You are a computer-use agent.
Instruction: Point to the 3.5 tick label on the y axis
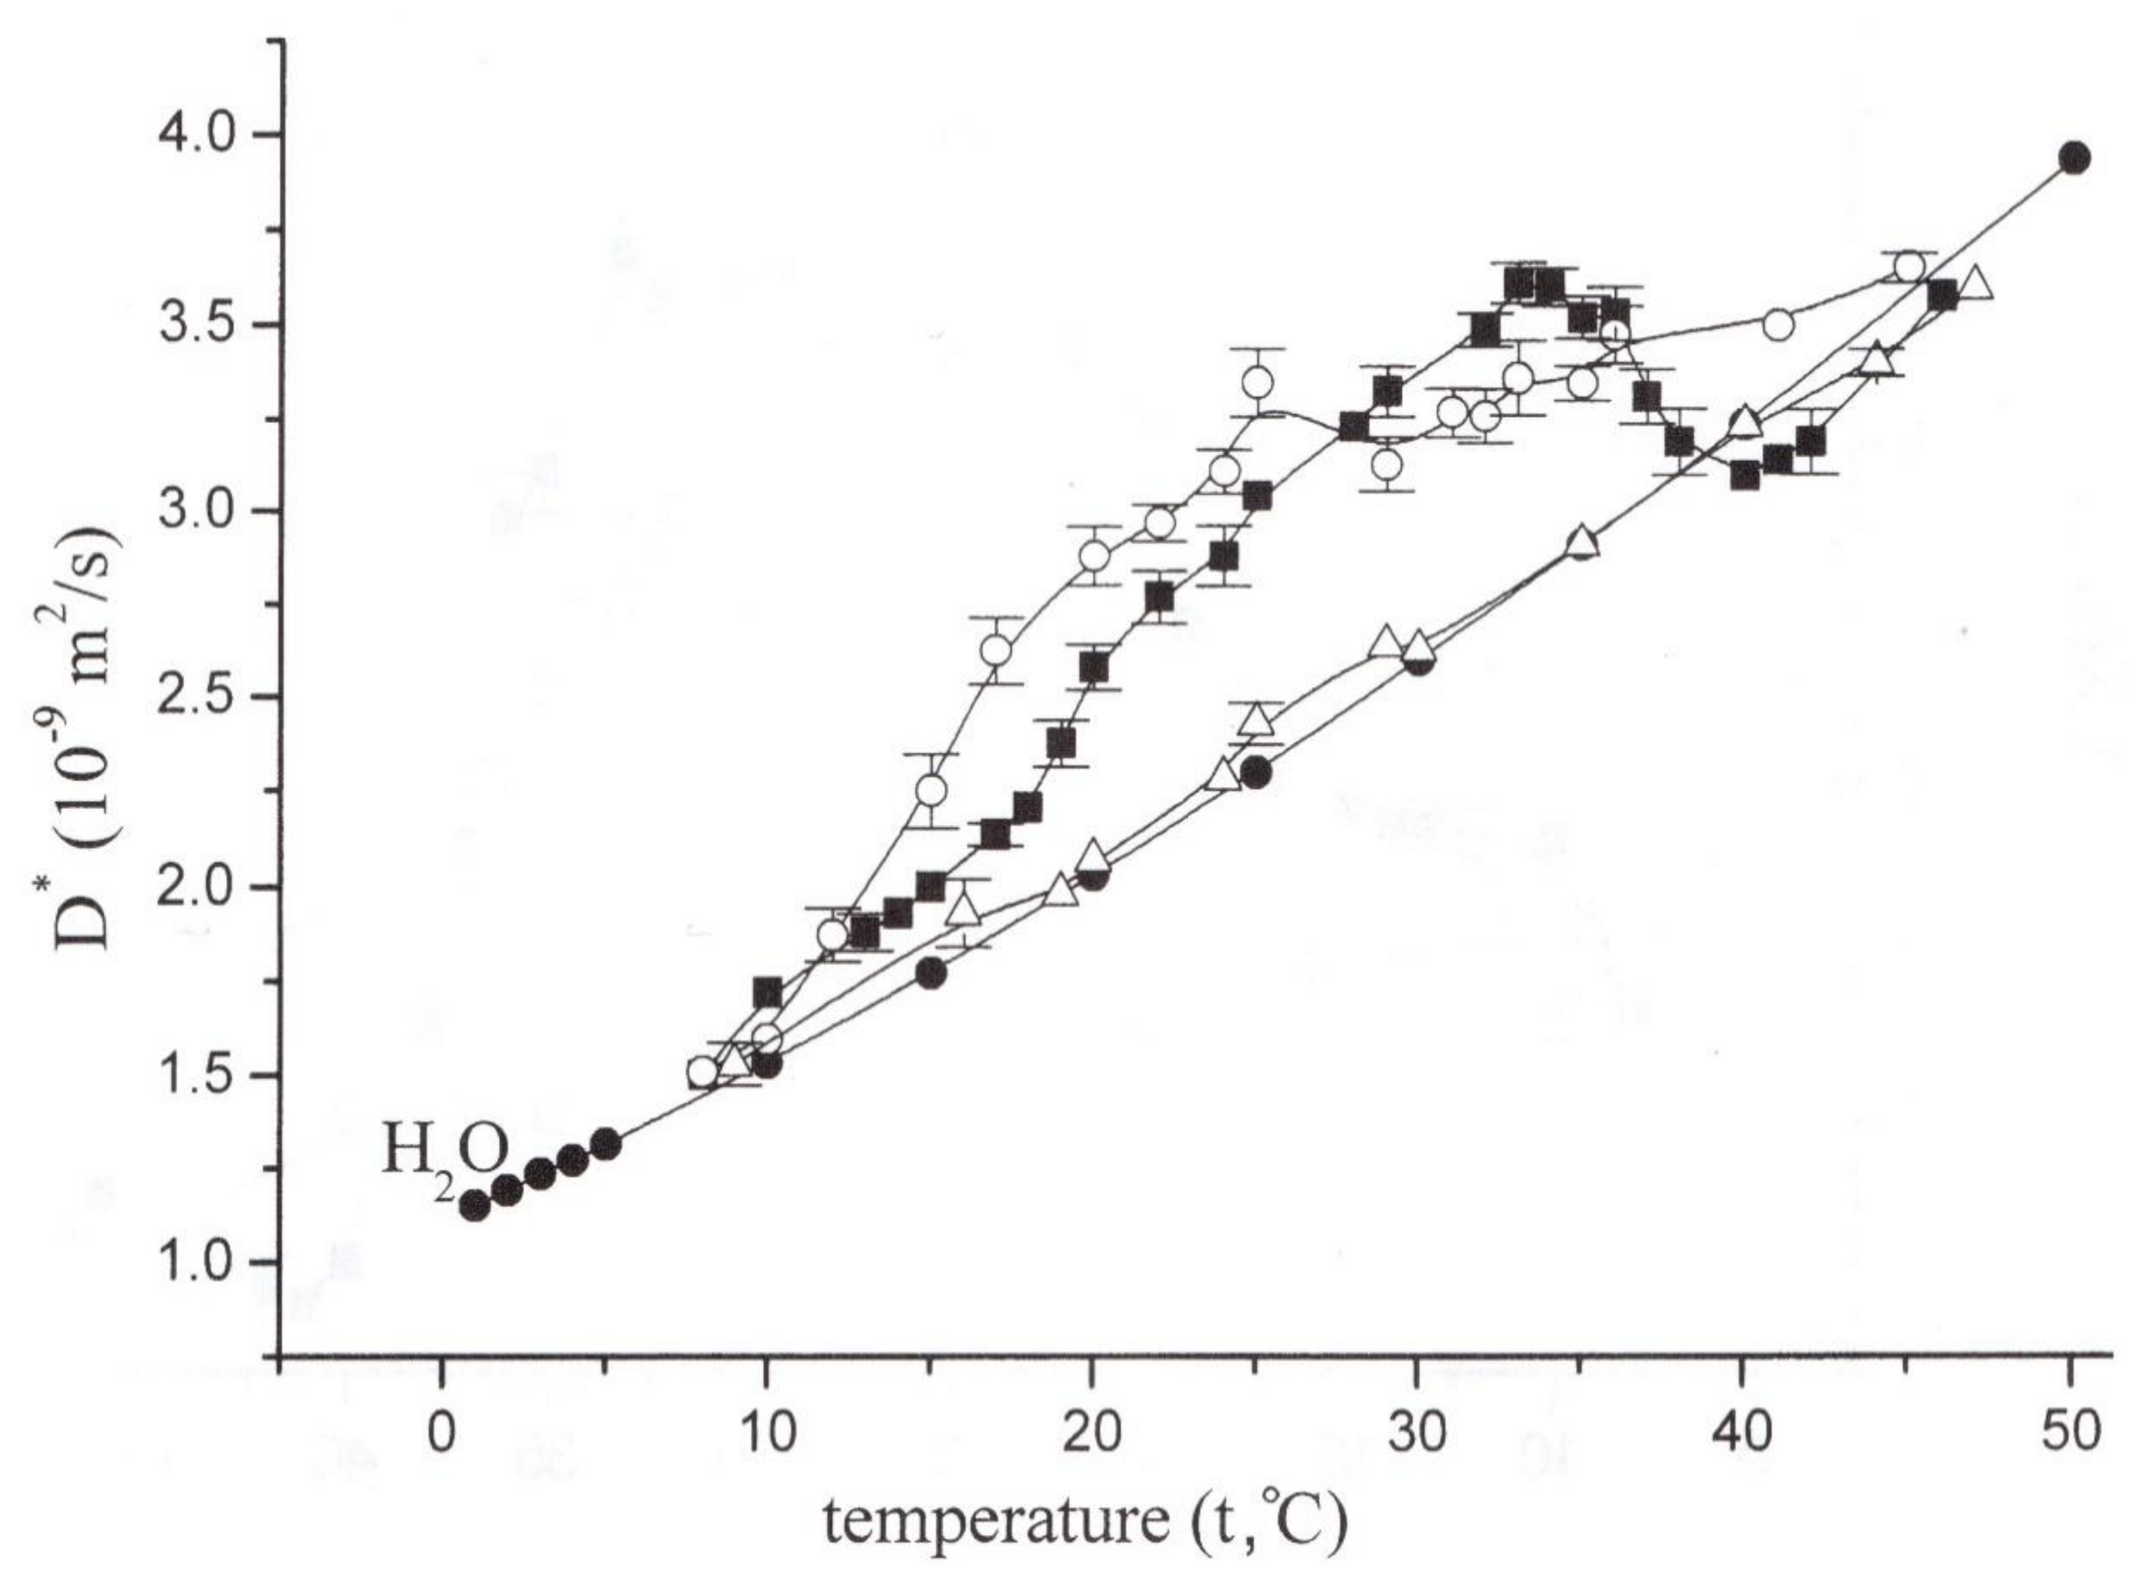pyautogui.click(x=193, y=323)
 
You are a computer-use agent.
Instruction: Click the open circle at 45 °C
pyautogui.click(x=1909, y=268)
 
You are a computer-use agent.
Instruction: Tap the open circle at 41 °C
pyautogui.click(x=1777, y=325)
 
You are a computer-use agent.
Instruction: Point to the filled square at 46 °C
pyautogui.click(x=1942, y=295)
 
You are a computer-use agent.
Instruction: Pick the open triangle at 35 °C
pyautogui.click(x=1583, y=542)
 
